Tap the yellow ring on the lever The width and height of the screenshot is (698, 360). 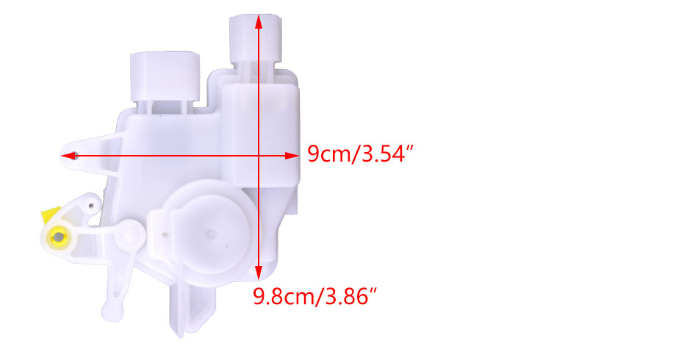click(58, 236)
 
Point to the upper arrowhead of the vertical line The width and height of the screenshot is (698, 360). click(259, 22)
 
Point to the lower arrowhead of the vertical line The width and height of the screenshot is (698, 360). click(259, 273)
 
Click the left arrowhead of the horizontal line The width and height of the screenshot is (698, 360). click(68, 156)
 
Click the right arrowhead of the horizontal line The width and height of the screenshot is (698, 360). click(292, 156)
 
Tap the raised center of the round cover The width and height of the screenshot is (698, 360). click(211, 233)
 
